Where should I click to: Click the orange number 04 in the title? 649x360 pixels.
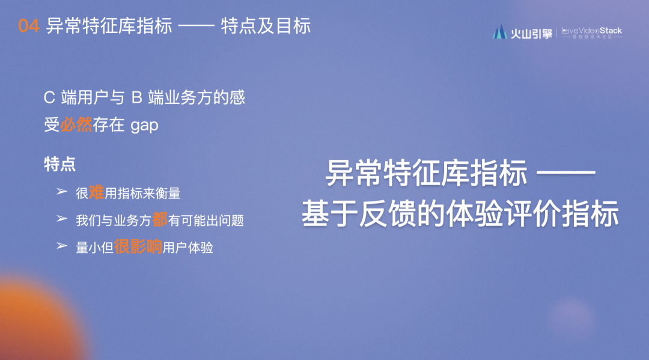29,26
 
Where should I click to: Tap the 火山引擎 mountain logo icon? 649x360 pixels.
500,32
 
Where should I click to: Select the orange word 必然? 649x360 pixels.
76,124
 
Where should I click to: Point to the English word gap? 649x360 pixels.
144,126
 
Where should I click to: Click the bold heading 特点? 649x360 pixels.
60,164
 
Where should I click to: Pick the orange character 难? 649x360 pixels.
96,192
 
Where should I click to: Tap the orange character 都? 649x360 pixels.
160,219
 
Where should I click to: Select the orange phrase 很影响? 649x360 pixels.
138,246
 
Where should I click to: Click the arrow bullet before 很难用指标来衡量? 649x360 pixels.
62,191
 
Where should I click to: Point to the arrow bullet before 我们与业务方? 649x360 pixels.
62,219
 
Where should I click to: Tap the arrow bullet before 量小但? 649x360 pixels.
62,246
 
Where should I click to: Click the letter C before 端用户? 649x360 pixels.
49,98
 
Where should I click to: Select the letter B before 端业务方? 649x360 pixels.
136,98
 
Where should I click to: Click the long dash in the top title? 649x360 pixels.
196,26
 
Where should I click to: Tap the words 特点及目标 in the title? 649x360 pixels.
266,26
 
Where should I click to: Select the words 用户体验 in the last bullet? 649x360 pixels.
188,248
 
